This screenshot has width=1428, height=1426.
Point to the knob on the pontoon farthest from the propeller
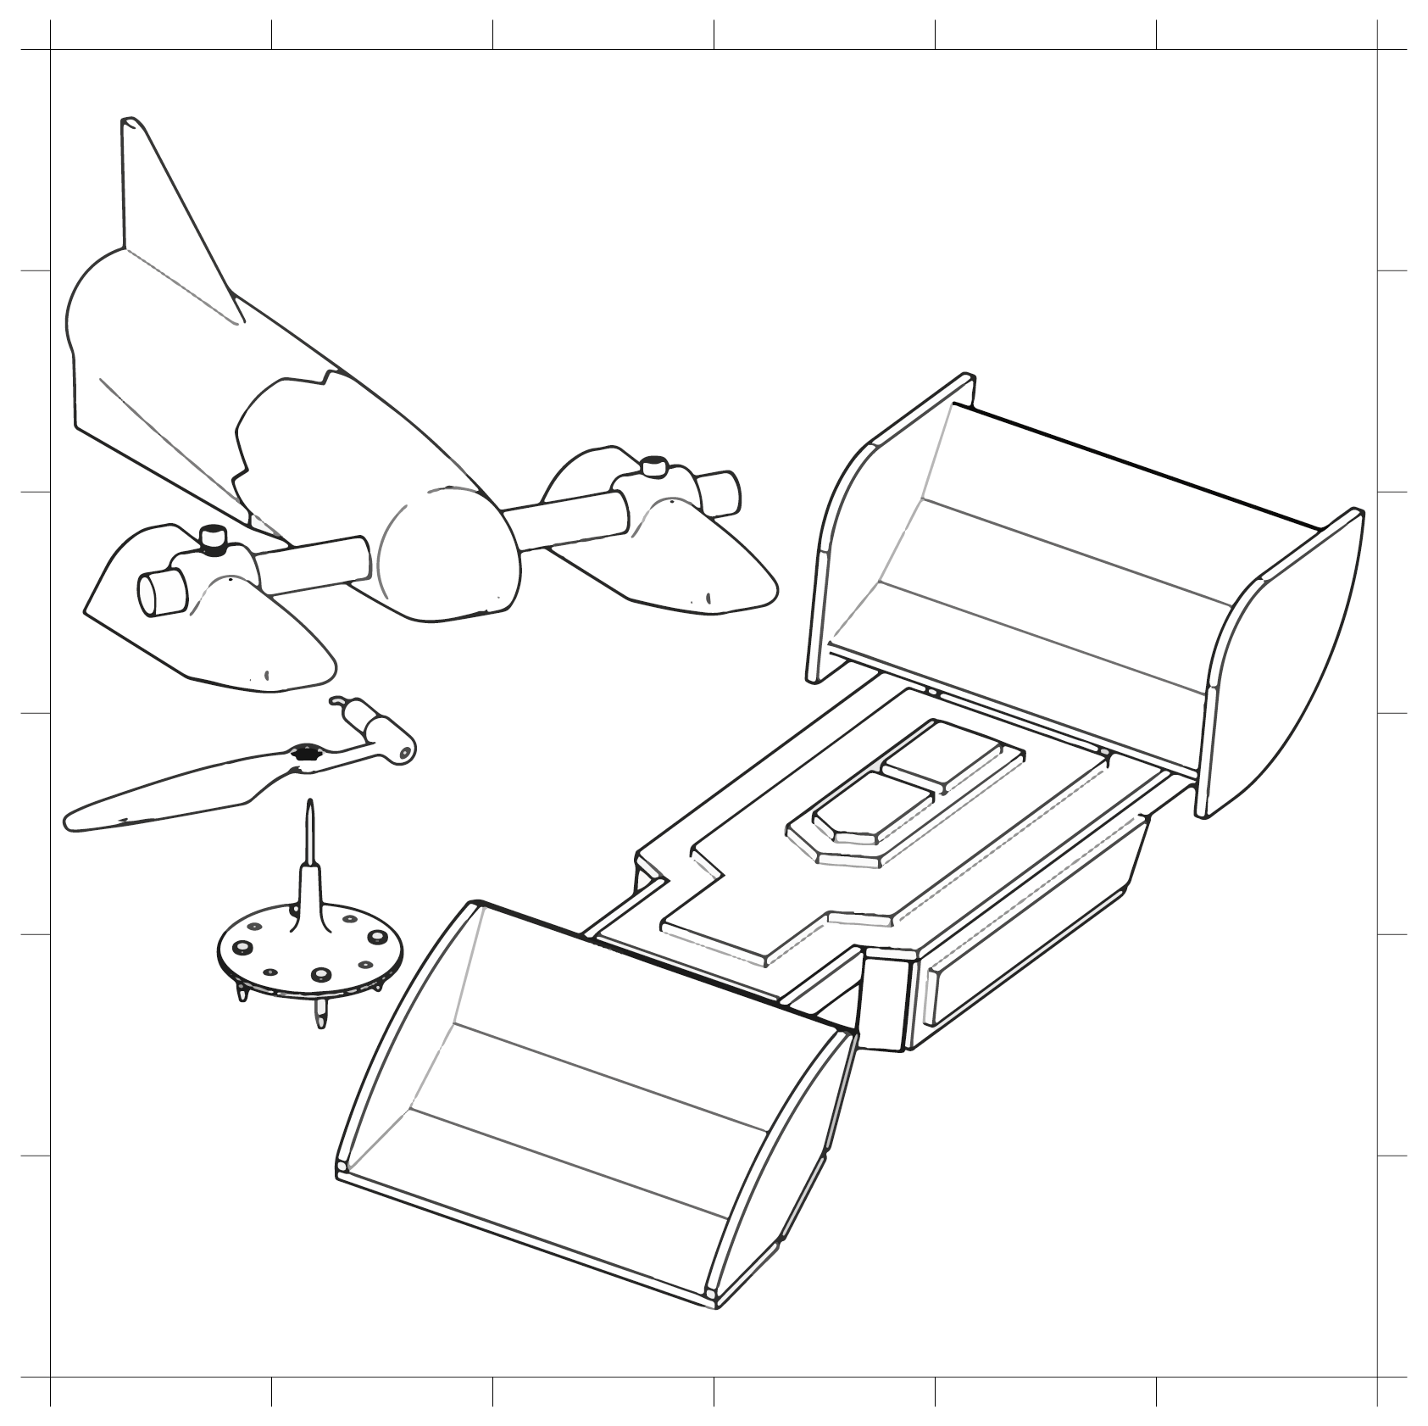[653, 466]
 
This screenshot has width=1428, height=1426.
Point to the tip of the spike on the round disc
[310, 803]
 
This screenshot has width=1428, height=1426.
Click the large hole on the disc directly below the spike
[321, 975]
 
